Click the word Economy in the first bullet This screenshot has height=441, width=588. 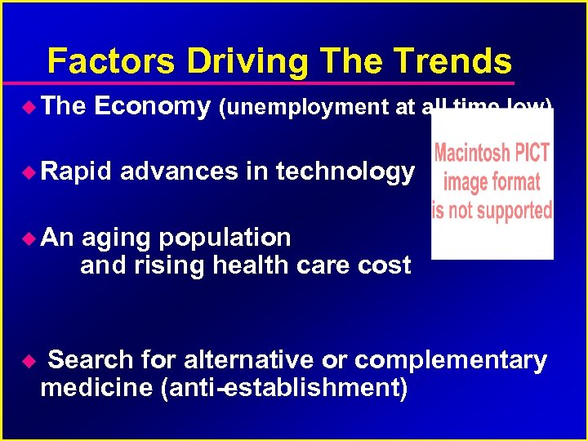pos(153,106)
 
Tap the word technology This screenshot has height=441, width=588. pos(345,171)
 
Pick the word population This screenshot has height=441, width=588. pos(225,238)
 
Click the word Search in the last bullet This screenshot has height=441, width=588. pos(90,360)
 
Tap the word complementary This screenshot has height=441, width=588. pos(451,360)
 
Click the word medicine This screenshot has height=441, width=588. pos(98,387)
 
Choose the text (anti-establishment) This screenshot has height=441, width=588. pos(285,387)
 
